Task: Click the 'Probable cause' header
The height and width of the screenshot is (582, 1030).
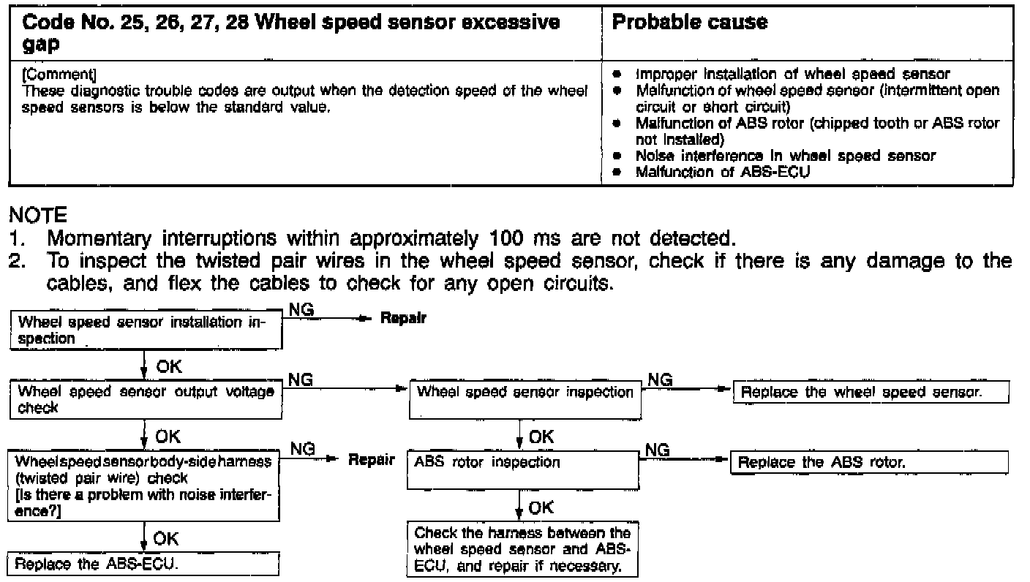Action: tap(689, 23)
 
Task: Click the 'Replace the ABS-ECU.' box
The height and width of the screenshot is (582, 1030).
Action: tap(144, 565)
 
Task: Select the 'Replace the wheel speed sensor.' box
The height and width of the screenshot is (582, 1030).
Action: tap(871, 392)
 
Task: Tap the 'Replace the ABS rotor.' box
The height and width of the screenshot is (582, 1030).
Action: tap(870, 462)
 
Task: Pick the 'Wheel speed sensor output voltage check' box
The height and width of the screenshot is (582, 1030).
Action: tap(145, 399)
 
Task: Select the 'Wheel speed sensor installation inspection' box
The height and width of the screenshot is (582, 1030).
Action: tap(145, 330)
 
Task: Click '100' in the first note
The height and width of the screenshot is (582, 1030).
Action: tap(502, 239)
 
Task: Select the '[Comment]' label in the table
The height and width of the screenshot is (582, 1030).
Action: tap(60, 75)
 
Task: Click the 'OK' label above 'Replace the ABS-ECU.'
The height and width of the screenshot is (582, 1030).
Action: tap(167, 539)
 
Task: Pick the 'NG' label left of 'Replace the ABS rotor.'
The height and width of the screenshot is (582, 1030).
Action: tap(659, 450)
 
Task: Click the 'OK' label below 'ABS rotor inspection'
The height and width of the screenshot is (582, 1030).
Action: tap(541, 507)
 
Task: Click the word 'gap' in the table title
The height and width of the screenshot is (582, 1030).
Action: tap(41, 43)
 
